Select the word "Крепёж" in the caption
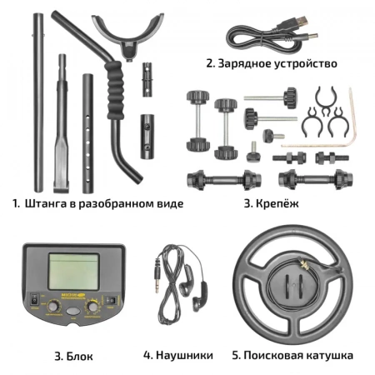[x=277, y=203]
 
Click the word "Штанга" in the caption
[x=46, y=203]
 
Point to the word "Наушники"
[x=184, y=355]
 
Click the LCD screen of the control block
[x=73, y=272]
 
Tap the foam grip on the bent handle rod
[x=115, y=90]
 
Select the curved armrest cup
[x=127, y=35]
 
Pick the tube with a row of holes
[x=87, y=133]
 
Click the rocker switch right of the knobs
[x=111, y=301]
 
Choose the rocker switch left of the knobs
[x=34, y=300]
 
